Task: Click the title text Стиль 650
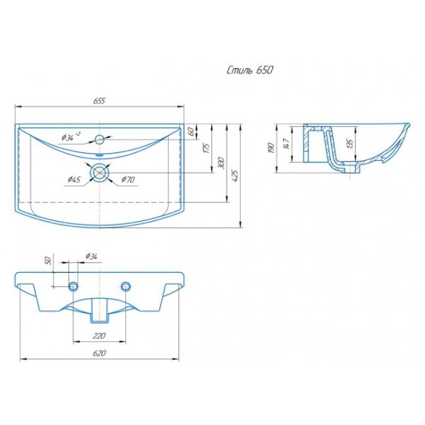[x=249, y=70]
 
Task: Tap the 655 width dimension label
[x=99, y=101]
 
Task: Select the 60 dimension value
[x=191, y=132]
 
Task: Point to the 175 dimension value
[x=207, y=148]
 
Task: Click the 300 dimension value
[x=222, y=163]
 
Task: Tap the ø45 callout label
[x=74, y=179]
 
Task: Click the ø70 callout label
[x=127, y=179]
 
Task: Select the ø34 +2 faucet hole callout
[x=71, y=137]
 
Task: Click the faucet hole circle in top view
[x=100, y=140]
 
